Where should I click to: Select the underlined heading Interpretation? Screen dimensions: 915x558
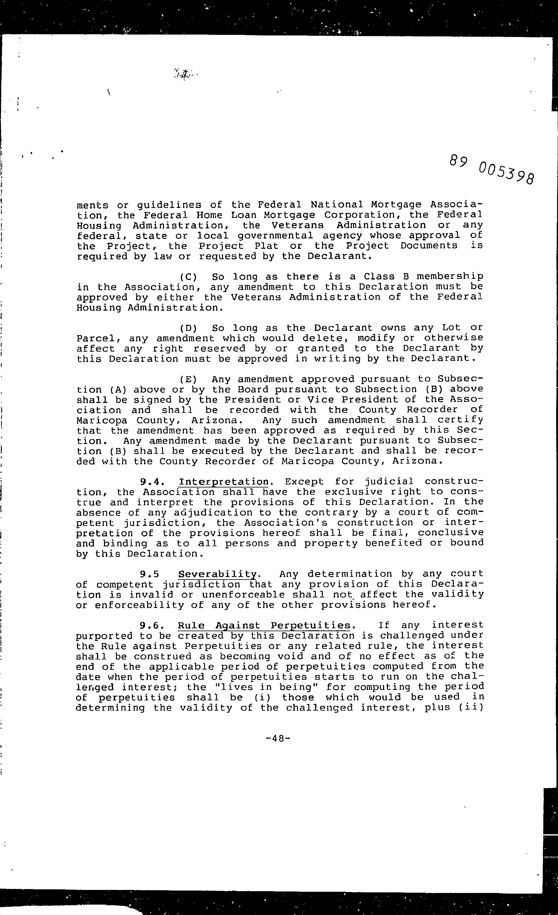224,482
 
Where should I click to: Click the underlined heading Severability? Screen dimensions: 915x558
217,574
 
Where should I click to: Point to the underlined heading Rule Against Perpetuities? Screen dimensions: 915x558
264,625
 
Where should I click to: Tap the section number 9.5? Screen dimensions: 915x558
150,574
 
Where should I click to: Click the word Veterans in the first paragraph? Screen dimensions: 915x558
297,225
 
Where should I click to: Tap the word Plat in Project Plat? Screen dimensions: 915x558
267,246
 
